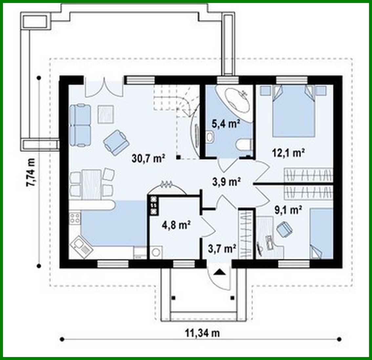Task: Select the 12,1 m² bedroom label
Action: [288, 153]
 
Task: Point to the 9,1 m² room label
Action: [288, 210]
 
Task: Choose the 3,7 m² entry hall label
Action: [222, 249]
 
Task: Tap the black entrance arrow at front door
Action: [220, 271]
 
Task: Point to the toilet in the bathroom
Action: [244, 144]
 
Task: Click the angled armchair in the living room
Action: [116, 141]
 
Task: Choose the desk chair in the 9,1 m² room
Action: [284, 228]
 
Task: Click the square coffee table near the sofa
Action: [106, 114]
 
